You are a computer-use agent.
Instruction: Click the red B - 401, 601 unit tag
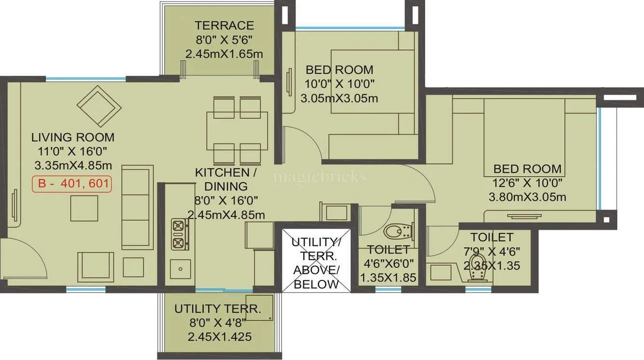(72, 185)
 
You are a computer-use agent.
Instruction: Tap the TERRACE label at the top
(224, 25)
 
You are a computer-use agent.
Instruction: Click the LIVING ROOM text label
(73, 137)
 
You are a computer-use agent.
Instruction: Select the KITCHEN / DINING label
(222, 179)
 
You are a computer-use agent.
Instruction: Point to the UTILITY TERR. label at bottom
(217, 309)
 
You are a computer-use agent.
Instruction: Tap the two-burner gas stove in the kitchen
(178, 234)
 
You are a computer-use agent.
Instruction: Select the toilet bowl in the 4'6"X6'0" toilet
(399, 231)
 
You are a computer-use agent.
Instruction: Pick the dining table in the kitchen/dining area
(237, 131)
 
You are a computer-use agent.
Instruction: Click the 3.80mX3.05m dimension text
(527, 197)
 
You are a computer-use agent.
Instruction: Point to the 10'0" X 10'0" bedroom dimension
(339, 84)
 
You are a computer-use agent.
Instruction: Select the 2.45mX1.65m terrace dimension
(224, 53)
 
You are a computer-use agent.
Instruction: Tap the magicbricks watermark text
(320, 177)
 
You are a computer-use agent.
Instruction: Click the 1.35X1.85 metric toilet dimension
(388, 278)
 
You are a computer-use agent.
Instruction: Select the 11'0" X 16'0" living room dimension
(73, 151)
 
